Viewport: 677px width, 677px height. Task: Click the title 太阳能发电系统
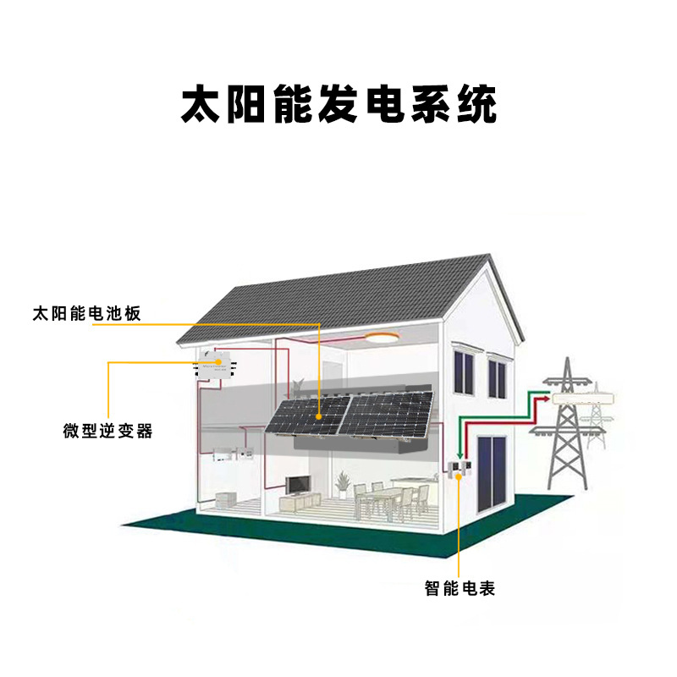[x=338, y=104]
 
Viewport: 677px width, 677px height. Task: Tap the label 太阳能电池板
[x=85, y=313]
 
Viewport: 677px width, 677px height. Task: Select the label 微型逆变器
[x=107, y=431]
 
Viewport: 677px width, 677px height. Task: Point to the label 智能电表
[x=460, y=587]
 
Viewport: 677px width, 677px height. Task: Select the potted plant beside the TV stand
[x=342, y=482]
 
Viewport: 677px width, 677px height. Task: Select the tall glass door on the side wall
[x=490, y=475]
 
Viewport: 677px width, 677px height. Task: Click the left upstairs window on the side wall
[x=464, y=372]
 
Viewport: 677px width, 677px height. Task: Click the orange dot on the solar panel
[x=319, y=416]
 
